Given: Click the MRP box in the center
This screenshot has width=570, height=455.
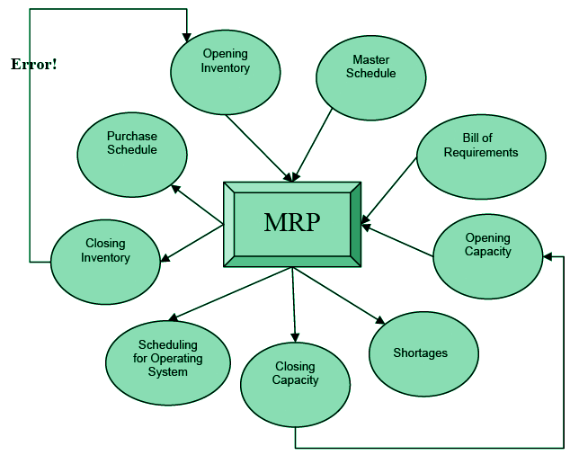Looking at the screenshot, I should [x=292, y=223].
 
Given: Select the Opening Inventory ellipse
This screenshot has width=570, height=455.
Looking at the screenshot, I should [x=225, y=61].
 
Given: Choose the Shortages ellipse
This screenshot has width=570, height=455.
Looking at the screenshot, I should [x=420, y=352].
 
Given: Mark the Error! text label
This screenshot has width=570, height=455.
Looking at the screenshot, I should [x=34, y=65].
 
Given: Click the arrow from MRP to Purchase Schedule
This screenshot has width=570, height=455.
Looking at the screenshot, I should [x=197, y=205].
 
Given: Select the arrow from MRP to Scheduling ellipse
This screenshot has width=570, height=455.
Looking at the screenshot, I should [x=230, y=294].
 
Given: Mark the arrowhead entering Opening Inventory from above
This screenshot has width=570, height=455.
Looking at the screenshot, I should [x=187, y=36].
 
